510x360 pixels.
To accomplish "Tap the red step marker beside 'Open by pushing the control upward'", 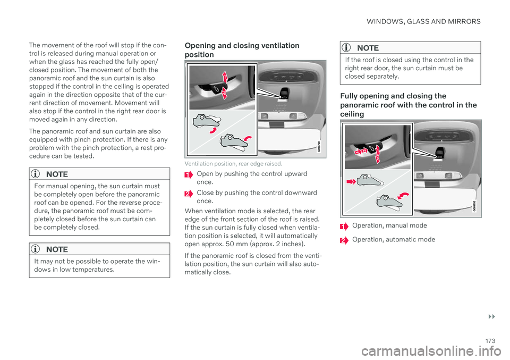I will tap(188, 175).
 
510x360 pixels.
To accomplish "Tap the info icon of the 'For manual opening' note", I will tap(37, 174).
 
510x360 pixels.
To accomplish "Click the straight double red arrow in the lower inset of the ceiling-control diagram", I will tap(351, 181).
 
